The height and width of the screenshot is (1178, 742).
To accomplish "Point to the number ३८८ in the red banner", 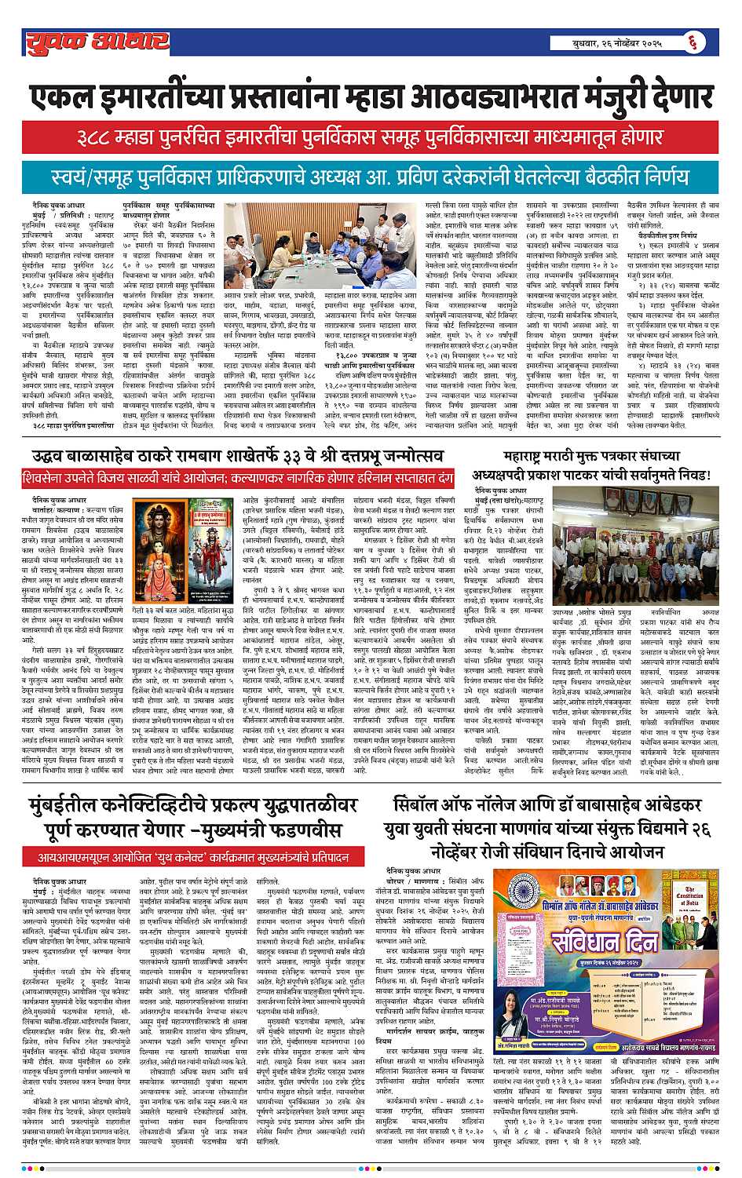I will (107, 138).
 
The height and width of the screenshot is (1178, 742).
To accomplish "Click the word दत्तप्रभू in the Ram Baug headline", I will (342, 456).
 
